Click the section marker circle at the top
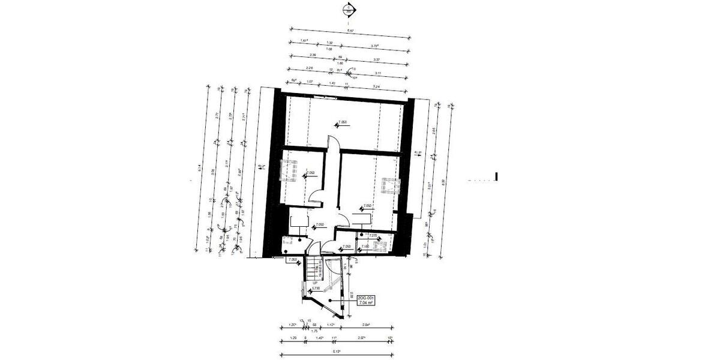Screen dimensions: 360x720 tap(348, 10)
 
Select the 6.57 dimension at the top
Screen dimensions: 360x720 tap(350, 30)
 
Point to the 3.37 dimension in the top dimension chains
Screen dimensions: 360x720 tap(376, 59)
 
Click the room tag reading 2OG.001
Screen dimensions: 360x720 tap(366, 298)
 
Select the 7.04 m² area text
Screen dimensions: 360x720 tap(366, 304)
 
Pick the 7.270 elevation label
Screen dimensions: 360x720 tap(373, 236)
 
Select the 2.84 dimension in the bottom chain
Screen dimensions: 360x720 tap(365, 325)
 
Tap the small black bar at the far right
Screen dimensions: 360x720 tap(496, 176)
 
